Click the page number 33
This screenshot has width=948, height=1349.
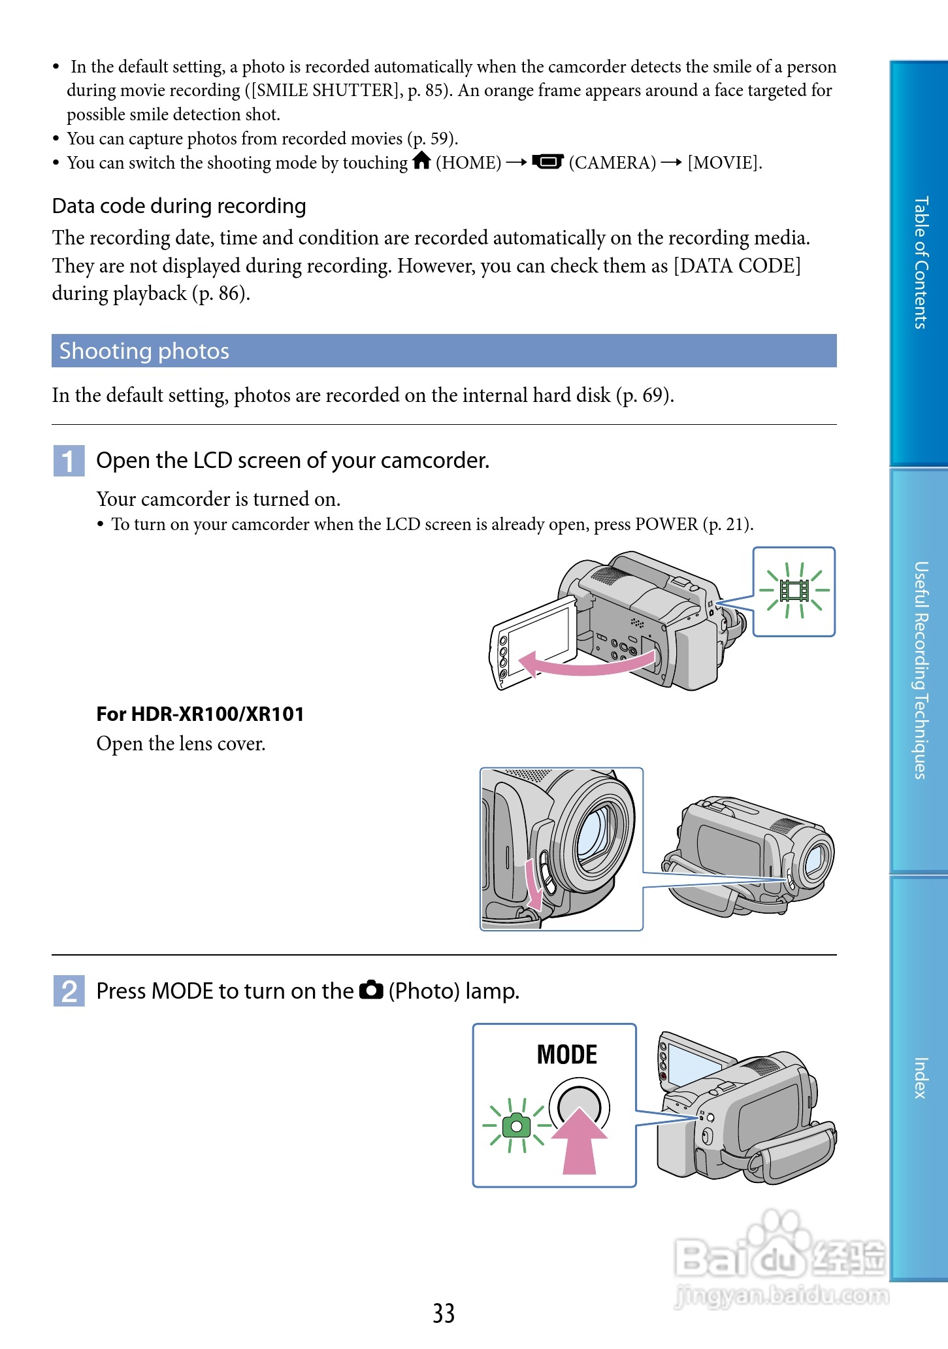click(444, 1313)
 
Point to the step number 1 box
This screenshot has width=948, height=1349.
click(69, 461)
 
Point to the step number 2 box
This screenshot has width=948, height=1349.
click(69, 991)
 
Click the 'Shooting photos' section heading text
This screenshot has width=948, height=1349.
click(144, 351)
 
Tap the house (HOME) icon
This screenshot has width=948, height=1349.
click(422, 160)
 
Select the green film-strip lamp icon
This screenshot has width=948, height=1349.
click(794, 591)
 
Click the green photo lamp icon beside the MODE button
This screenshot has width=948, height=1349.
click(516, 1125)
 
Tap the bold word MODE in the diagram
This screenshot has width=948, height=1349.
click(566, 1055)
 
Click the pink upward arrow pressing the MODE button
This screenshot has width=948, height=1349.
click(580, 1141)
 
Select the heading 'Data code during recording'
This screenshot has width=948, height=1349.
click(179, 206)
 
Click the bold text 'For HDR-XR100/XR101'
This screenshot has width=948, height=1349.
click(200, 714)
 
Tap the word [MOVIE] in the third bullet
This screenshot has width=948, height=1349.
click(724, 163)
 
